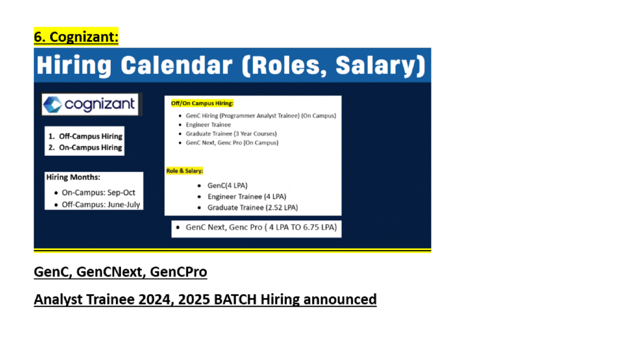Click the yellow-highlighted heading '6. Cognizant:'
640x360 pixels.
[x=76, y=37]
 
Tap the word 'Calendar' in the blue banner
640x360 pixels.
[x=177, y=66]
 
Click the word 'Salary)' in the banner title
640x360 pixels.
[x=380, y=66]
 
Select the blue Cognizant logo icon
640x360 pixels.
[x=53, y=105]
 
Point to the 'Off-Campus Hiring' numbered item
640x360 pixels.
[x=91, y=137]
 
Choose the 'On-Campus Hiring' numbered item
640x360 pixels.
[x=91, y=147]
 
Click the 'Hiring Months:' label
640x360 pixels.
[x=73, y=177]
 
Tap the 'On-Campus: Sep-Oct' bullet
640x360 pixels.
[x=98, y=193]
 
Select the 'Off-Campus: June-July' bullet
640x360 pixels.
[x=101, y=205]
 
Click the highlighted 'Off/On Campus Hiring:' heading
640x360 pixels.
[x=202, y=103]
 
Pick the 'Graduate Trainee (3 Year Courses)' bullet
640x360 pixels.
[x=231, y=134]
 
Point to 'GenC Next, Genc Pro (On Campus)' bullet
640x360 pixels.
[x=232, y=142]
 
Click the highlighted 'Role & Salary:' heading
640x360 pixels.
[x=185, y=171]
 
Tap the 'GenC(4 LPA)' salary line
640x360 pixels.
[x=227, y=186]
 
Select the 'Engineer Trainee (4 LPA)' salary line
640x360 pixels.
[x=247, y=197]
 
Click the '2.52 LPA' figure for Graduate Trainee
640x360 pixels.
[x=282, y=207]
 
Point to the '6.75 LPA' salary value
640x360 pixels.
[x=320, y=227]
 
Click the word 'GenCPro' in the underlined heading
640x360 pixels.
[x=179, y=271]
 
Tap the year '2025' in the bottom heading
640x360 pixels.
[x=194, y=299]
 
